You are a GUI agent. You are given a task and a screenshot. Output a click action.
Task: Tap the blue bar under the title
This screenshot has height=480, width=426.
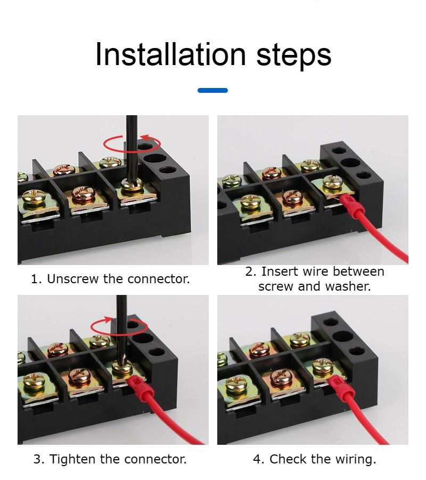click(x=212, y=91)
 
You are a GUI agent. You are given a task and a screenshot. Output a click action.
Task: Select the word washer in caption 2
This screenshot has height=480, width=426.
click(x=349, y=286)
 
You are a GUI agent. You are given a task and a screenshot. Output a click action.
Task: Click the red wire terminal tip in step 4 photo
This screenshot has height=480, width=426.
click(x=338, y=387)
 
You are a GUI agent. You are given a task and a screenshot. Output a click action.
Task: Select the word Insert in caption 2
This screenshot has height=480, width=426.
click(x=277, y=271)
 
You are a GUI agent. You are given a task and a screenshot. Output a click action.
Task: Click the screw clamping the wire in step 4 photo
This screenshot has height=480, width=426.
click(x=322, y=366)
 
